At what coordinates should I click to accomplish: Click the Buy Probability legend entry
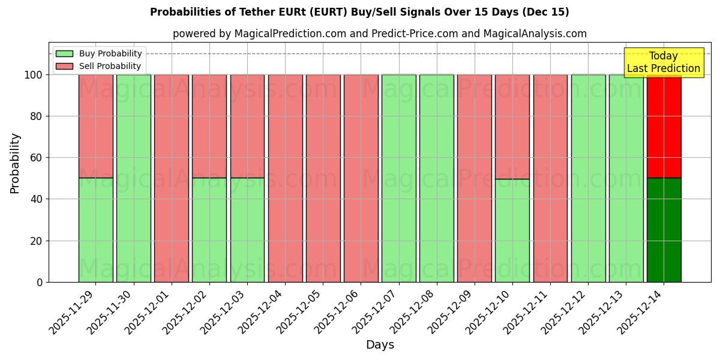coord(98,53)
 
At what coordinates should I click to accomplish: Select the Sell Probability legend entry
coord(98,66)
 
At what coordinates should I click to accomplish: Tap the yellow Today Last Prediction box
coord(664,62)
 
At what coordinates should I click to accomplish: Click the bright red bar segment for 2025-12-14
coord(664,126)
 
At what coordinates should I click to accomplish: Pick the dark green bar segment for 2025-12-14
coord(664,230)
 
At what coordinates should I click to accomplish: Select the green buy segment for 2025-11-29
coord(95,230)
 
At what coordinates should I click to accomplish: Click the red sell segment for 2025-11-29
coord(95,126)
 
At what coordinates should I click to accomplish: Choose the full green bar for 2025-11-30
coord(133,178)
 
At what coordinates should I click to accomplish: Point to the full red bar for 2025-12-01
coord(171,178)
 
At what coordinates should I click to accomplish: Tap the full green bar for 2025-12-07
coord(398,178)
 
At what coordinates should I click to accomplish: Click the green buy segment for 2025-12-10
coord(512,230)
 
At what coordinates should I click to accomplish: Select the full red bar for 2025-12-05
coord(323,178)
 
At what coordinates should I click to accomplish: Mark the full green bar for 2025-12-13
coord(626,178)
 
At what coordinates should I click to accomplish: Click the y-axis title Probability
coord(15,163)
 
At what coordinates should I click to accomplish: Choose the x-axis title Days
coord(380,345)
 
